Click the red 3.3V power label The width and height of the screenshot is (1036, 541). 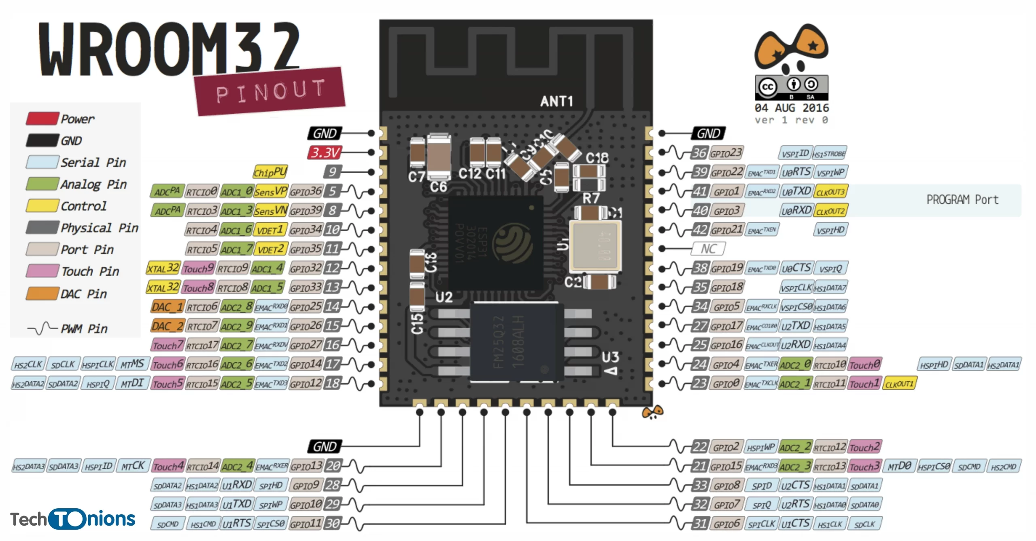[325, 152]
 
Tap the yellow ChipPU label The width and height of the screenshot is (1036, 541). [270, 172]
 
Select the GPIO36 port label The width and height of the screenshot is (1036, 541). [306, 191]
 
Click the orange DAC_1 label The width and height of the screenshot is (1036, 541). [168, 307]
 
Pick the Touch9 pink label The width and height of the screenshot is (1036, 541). [198, 268]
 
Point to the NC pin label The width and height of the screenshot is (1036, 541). [708, 249]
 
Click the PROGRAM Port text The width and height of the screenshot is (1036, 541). [962, 200]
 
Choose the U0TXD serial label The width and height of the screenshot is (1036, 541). [796, 191]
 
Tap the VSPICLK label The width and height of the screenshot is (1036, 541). [796, 287]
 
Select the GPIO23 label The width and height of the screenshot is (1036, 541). [726, 153]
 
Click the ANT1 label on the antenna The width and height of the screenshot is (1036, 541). [556, 101]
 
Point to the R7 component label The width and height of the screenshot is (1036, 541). [590, 198]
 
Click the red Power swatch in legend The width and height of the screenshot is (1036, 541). [42, 118]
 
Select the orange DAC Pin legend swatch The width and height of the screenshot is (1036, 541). [42, 293]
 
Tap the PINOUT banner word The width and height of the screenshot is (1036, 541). [270, 91]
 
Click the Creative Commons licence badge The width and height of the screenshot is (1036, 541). [791, 87]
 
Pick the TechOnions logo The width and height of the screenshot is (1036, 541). [73, 519]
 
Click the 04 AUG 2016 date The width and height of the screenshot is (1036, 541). [791, 108]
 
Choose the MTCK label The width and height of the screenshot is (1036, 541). [133, 466]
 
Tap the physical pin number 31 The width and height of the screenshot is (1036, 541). [700, 524]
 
